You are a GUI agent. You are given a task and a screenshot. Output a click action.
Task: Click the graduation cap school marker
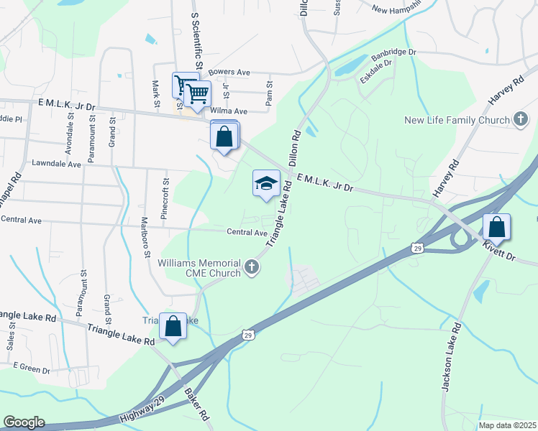(266, 183)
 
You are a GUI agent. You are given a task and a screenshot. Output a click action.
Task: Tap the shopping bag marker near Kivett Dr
(496, 227)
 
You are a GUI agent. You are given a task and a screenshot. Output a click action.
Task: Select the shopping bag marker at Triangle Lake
(173, 326)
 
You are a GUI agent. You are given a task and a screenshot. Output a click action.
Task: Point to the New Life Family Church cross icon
(521, 121)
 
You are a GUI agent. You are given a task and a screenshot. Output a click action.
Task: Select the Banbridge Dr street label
(393, 55)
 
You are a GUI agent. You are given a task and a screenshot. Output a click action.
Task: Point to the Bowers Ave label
(228, 73)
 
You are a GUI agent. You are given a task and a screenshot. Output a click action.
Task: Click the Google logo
(24, 422)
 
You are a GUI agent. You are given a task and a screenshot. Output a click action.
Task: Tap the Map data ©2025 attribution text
(507, 425)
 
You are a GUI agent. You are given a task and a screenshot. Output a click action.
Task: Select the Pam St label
(269, 95)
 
